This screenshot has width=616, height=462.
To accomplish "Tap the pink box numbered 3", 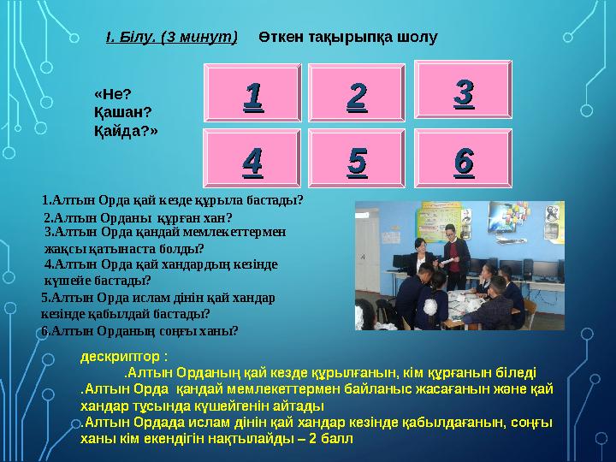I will pos(463,88).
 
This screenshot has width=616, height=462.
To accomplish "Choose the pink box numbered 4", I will pos(252,158).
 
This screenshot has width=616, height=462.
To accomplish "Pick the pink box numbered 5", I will pos(357,158).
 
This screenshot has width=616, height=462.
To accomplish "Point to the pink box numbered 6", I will pos(463,158).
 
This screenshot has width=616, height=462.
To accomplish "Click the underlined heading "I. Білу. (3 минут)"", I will pos(171,38).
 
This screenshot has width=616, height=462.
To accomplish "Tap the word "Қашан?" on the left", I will pos(121,111).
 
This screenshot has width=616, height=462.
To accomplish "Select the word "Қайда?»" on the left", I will pos(126,130).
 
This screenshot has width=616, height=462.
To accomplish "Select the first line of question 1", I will pos(173,200).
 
